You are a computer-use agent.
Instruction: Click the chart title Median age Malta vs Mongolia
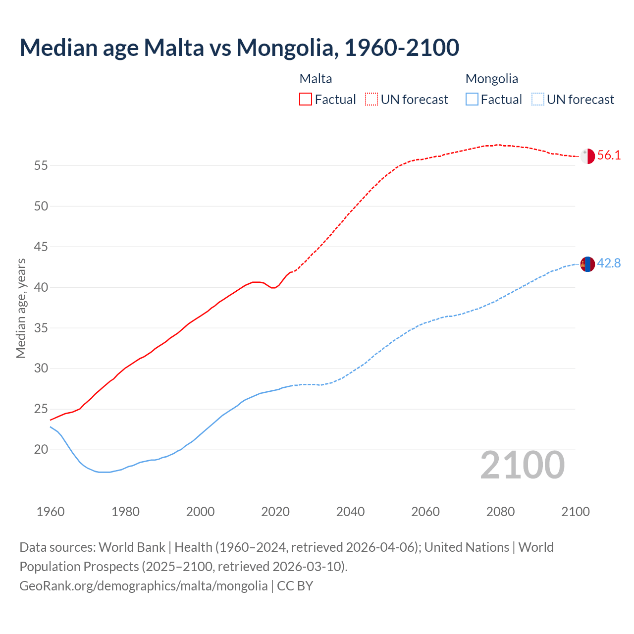239,48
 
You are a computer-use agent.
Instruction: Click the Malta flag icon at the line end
587,156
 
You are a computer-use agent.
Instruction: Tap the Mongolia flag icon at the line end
587,264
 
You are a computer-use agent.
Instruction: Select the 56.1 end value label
609,155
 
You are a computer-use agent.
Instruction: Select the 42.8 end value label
609,263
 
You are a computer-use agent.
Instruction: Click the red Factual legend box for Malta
306,99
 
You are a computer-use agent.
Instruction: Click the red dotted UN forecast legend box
371,99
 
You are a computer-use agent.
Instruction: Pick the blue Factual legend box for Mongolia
472,99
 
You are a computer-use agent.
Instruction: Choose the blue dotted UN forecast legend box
537,99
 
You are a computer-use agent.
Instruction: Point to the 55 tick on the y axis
41,165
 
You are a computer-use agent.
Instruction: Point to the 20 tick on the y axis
41,450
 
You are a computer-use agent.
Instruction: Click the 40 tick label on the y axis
41,287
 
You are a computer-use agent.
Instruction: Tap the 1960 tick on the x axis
51,512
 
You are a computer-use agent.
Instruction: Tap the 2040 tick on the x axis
350,512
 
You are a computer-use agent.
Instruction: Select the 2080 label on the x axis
500,512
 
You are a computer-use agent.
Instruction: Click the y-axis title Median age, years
21,308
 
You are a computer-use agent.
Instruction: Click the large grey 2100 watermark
522,465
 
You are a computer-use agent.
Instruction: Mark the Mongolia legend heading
491,79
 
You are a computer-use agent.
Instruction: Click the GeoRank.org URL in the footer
143,586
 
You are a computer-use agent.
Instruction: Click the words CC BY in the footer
295,586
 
